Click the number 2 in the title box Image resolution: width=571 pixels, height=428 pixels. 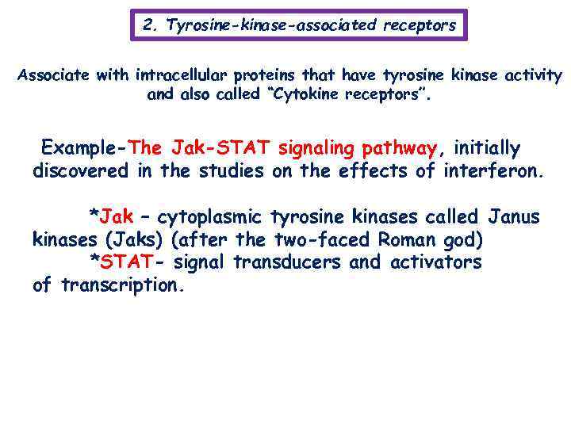[148, 25]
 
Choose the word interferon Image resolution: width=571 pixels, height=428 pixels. [493, 171]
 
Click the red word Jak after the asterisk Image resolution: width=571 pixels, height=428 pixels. [117, 217]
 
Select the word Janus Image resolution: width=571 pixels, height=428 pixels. [516, 217]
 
